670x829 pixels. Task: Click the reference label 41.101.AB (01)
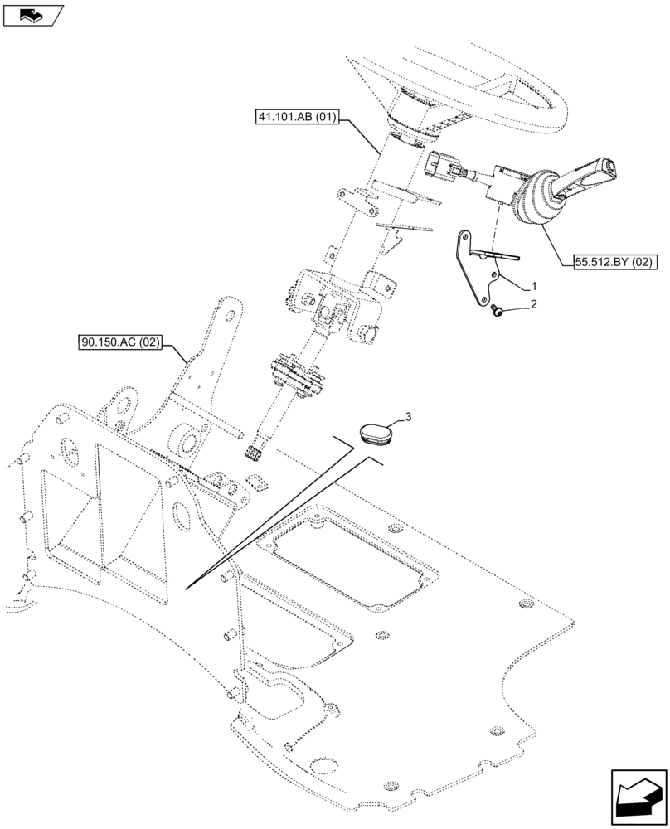(x=297, y=117)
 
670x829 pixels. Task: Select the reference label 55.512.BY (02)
(x=614, y=263)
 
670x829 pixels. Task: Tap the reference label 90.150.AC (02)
(x=120, y=341)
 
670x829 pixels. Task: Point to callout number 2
(x=534, y=305)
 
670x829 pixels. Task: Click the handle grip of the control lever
(x=590, y=176)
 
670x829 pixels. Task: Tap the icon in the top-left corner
(x=32, y=13)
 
